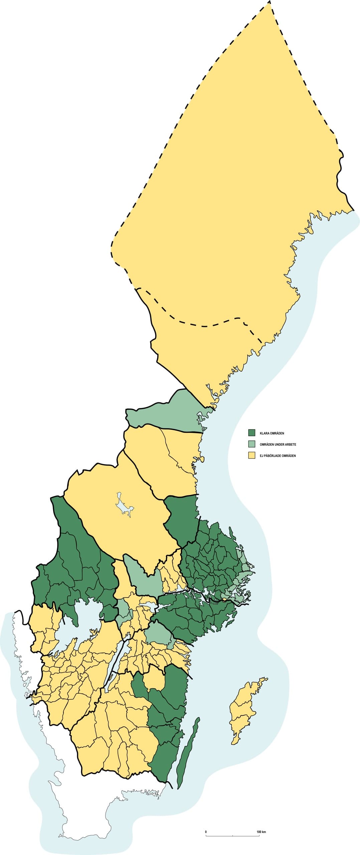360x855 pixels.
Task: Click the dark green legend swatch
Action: (x=251, y=433)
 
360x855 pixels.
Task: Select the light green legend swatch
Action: (x=251, y=444)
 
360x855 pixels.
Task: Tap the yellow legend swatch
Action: (x=251, y=455)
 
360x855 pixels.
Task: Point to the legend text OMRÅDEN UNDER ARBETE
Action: (x=278, y=445)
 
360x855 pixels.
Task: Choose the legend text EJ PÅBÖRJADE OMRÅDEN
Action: (x=278, y=456)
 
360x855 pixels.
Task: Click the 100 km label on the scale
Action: (x=261, y=831)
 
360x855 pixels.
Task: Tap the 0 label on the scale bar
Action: (x=206, y=831)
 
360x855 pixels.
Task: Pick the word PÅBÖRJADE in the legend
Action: (x=272, y=456)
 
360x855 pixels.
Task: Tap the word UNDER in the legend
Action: (x=279, y=445)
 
